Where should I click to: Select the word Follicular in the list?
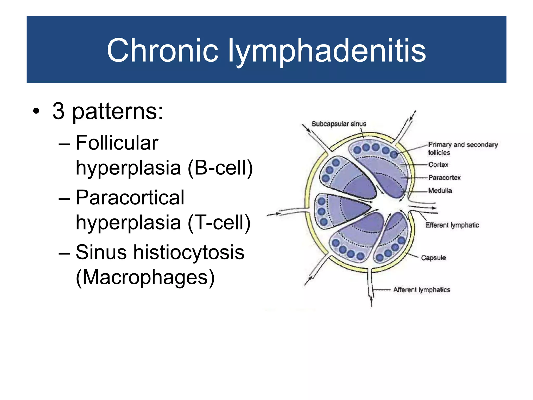pyautogui.click(x=117, y=143)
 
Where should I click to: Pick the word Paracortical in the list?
pyautogui.click(x=130, y=198)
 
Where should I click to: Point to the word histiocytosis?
pyautogui.click(x=189, y=252)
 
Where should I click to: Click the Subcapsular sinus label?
pyautogui.click(x=339, y=124)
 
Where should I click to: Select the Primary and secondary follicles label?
pyautogui.click(x=463, y=148)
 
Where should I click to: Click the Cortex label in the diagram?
pyautogui.click(x=438, y=165)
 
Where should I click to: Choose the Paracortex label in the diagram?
pyautogui.click(x=445, y=178)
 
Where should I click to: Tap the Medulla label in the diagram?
pyautogui.click(x=440, y=191)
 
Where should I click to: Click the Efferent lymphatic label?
pyautogui.click(x=452, y=225)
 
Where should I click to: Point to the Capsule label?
pyautogui.click(x=433, y=258)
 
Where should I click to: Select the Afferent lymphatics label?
pyautogui.click(x=422, y=290)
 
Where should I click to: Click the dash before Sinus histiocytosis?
pyautogui.click(x=64, y=253)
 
